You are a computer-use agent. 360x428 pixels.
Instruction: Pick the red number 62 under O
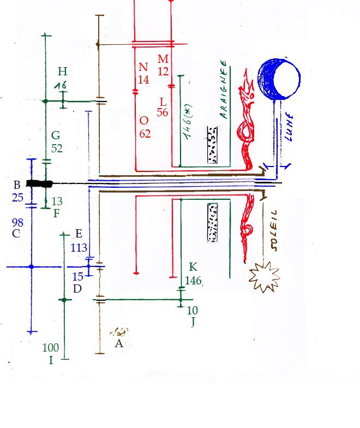145,134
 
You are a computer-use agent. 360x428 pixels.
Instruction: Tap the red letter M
163,58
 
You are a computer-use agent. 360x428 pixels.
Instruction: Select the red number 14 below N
143,79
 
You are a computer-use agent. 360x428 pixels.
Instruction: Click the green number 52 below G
57,148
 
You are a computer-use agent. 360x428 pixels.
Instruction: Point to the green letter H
63,72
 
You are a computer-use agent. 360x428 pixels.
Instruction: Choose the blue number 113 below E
80,248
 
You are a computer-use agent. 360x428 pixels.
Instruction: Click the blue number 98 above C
17,222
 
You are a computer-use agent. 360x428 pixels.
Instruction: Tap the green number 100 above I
50,348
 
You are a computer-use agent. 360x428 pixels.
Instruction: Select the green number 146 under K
194,281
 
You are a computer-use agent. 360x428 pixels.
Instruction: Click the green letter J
193,322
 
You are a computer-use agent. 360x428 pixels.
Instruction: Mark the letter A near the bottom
119,343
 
